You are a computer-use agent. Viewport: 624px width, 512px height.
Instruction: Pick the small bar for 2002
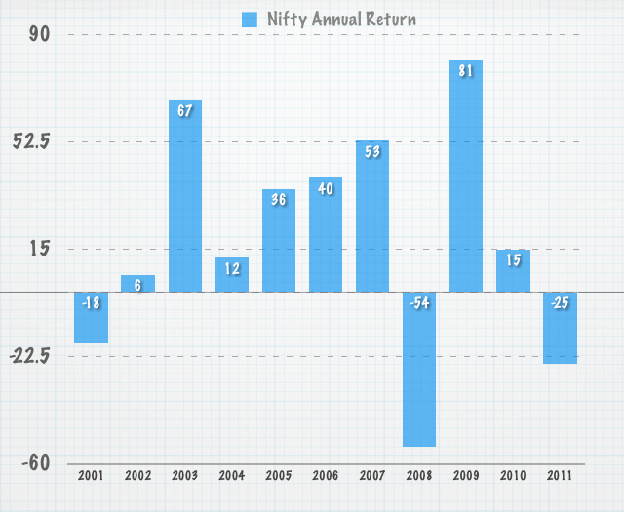click(x=138, y=284)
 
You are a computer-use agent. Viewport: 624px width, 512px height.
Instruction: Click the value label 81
click(x=466, y=70)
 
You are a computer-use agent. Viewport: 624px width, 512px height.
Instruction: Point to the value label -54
click(x=419, y=302)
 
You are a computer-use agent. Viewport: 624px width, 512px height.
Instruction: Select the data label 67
click(x=185, y=110)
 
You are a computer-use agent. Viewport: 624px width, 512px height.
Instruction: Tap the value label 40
click(x=326, y=187)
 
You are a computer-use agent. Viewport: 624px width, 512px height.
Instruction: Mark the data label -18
click(x=91, y=302)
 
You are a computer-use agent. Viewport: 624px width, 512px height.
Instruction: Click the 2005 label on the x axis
click(x=279, y=476)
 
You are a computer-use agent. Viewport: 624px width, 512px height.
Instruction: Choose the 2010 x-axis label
click(x=513, y=476)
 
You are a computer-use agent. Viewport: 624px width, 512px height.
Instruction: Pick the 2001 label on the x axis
click(x=91, y=476)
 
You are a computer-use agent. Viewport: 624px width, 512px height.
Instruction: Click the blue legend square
click(x=250, y=19)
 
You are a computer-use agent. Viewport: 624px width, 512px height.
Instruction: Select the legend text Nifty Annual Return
click(x=341, y=19)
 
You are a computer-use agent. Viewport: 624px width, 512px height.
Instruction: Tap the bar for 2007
click(x=372, y=217)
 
